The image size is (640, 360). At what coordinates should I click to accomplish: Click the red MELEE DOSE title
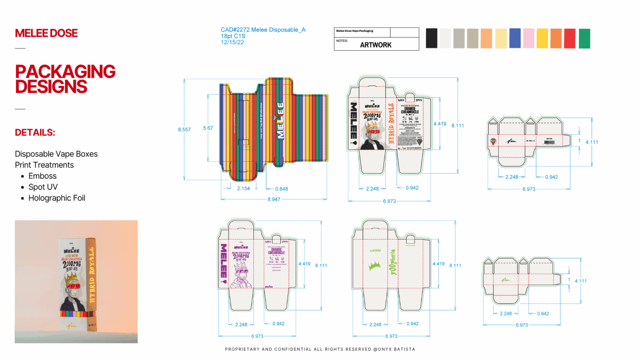pyautogui.click(x=46, y=33)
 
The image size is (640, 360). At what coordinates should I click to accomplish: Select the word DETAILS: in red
pyautogui.click(x=35, y=132)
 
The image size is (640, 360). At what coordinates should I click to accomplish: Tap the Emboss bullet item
pyautogui.click(x=43, y=176)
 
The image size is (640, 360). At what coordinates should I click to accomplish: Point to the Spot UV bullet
pyautogui.click(x=43, y=187)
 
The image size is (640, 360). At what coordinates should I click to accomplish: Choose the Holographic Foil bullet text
pyautogui.click(x=57, y=198)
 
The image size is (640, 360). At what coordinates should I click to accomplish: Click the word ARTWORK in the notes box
pyautogui.click(x=376, y=45)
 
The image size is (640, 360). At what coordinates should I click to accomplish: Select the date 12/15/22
pyautogui.click(x=232, y=42)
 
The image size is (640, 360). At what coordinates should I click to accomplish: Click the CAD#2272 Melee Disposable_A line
pyautogui.click(x=263, y=30)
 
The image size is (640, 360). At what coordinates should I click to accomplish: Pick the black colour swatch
pyautogui.click(x=432, y=38)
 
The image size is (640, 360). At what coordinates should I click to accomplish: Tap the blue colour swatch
pyautogui.click(x=515, y=38)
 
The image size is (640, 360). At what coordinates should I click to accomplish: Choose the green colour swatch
pyautogui.click(x=584, y=38)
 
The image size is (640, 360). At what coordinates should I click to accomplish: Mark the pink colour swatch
pyautogui.click(x=528, y=38)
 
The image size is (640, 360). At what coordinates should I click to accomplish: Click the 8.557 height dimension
pyautogui.click(x=184, y=130)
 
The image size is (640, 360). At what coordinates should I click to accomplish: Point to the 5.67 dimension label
pyautogui.click(x=208, y=128)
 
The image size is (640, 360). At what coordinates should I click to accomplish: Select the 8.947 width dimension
pyautogui.click(x=274, y=199)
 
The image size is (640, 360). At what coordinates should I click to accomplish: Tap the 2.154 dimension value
pyautogui.click(x=243, y=189)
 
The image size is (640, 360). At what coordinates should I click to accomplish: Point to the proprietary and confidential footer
pyautogui.click(x=320, y=349)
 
